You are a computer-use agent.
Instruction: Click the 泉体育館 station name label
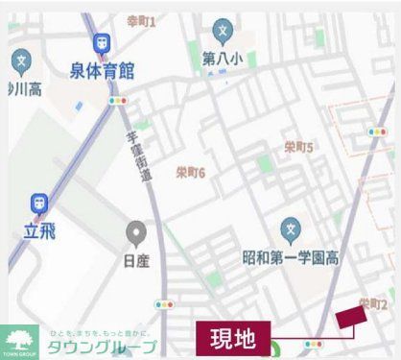coord(101,72)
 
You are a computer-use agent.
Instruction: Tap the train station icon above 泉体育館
coord(101,43)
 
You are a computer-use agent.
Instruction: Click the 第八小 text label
coord(223,60)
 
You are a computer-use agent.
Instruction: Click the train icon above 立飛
coord(39,203)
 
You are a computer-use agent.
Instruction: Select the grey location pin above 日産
coord(136,231)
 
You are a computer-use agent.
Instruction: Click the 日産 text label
coord(136,258)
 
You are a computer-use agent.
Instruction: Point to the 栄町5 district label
coord(299,147)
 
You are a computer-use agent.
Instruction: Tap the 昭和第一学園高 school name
coord(290,258)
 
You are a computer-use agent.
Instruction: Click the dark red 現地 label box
coord(230,338)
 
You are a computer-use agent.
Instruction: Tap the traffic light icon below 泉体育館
coord(119,100)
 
